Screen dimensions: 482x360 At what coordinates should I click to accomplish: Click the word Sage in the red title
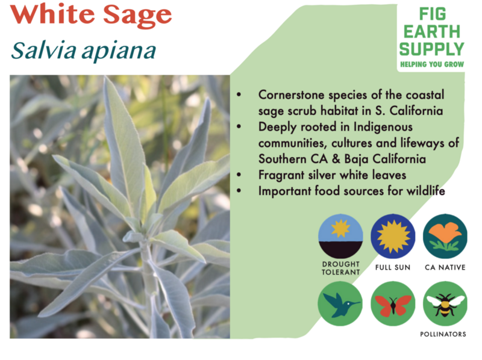pos(137,16)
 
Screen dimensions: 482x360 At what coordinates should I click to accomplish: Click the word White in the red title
pos(52,14)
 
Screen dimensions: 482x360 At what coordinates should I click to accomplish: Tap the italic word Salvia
pos(43,50)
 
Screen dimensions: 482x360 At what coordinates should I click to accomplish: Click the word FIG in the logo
pos(433,14)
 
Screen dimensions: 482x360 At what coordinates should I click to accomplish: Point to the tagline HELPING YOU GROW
pos(432,64)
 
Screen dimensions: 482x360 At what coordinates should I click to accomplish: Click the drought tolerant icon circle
pos(340,236)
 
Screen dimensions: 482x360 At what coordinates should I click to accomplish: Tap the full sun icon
pos(393,236)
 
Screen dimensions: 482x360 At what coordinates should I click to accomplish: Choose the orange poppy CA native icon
pos(445,236)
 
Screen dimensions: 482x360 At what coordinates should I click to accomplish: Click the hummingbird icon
pos(340,303)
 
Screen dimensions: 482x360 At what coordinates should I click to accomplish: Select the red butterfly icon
pos(393,303)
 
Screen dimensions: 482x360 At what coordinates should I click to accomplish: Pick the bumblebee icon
pos(445,303)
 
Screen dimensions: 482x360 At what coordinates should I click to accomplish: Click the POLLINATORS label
pos(443,334)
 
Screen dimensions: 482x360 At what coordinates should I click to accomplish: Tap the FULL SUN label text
pos(393,267)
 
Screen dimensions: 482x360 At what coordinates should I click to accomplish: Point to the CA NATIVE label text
pos(445,267)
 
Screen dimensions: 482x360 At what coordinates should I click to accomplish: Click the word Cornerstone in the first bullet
pos(292,95)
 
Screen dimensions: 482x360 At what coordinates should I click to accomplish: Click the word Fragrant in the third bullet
pos(281,175)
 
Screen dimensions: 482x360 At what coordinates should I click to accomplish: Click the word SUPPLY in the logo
pos(431,49)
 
